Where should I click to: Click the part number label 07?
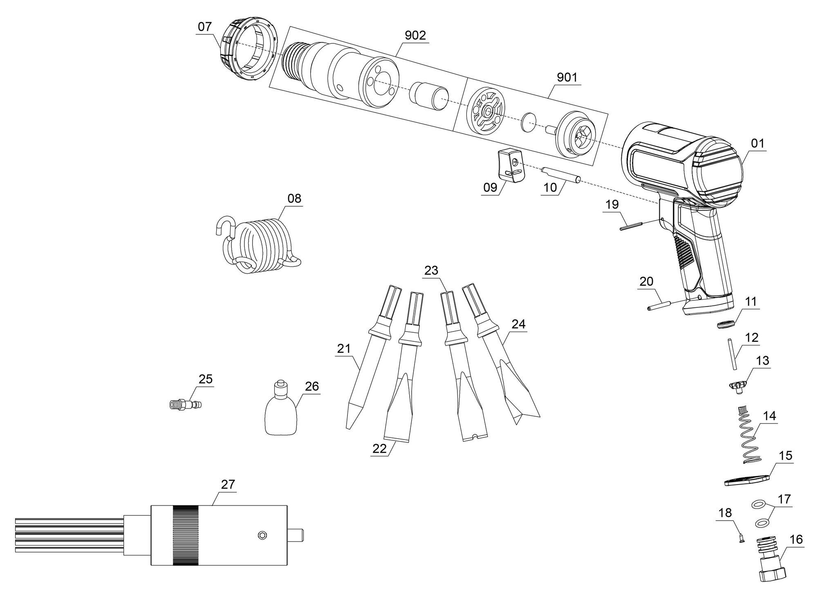(205, 27)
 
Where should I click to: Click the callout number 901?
(567, 77)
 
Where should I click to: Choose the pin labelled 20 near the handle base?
(659, 306)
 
